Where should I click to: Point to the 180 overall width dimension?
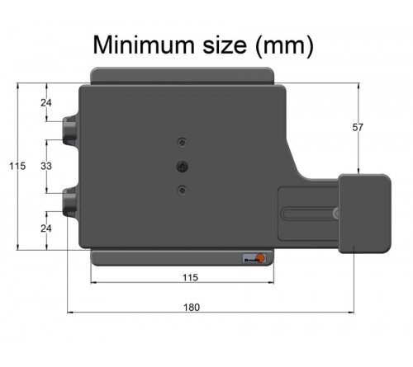[191, 306]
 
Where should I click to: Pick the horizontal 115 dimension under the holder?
[189, 278]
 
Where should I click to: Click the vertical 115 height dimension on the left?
[17, 166]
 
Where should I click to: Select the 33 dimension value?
[46, 166]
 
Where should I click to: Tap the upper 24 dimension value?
[46, 103]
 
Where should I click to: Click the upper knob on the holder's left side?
[69, 129]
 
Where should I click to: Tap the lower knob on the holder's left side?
[69, 201]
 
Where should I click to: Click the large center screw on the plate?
[183, 166]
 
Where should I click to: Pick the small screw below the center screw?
[183, 190]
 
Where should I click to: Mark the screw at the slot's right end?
[335, 214]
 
